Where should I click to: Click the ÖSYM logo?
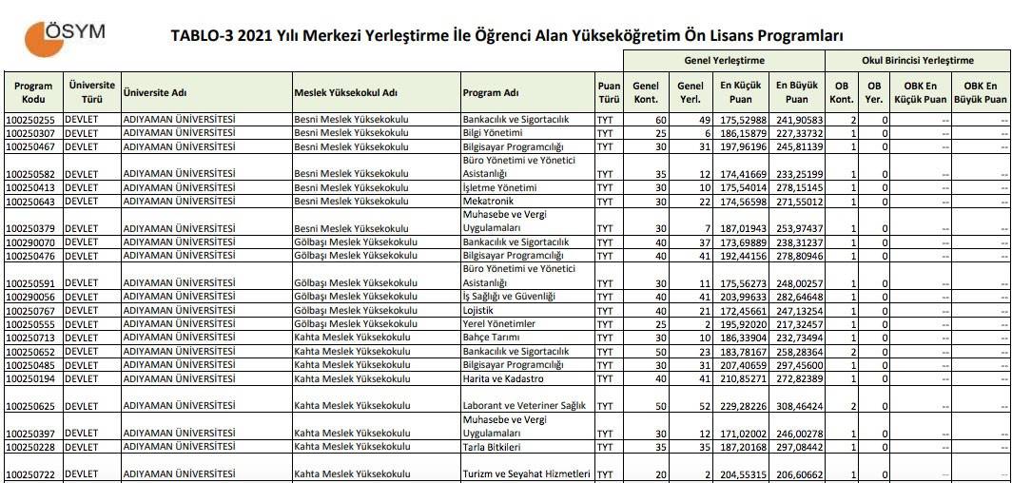pyautogui.click(x=65, y=35)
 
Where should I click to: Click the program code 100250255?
pyautogui.click(x=31, y=120)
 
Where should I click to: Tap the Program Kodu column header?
pyautogui.click(x=33, y=92)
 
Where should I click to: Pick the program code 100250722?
pyautogui.click(x=31, y=474)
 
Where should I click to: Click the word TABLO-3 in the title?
pyautogui.click(x=201, y=36)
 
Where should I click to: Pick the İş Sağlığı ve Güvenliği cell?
pyautogui.click(x=508, y=297)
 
